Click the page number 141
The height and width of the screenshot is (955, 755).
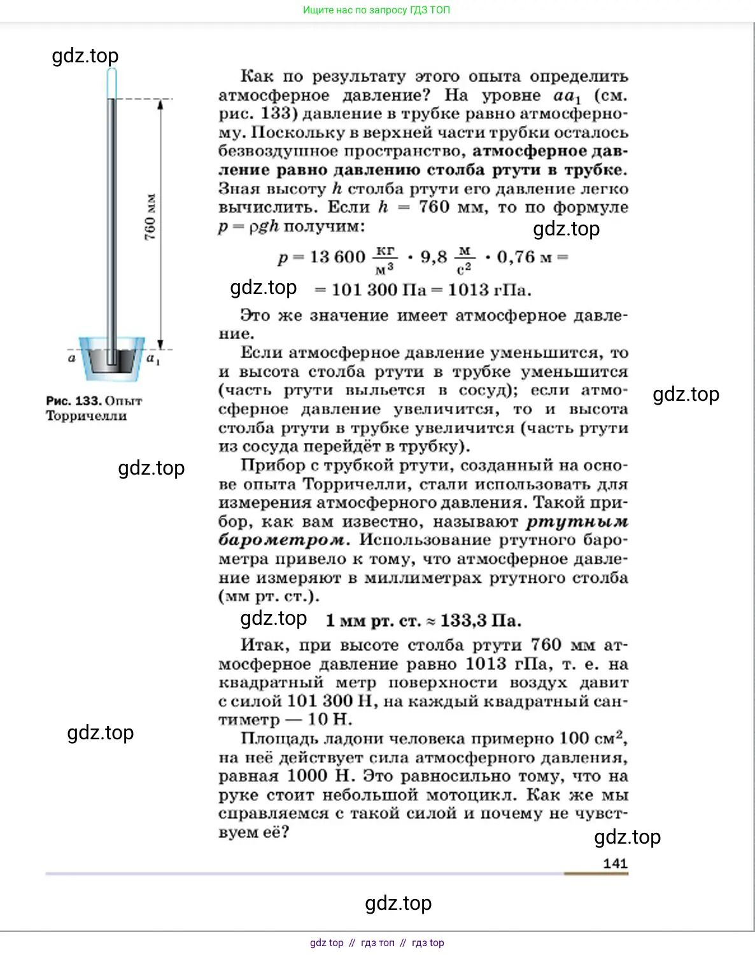pyautogui.click(x=615, y=863)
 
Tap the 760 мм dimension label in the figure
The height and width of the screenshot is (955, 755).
pyautogui.click(x=150, y=217)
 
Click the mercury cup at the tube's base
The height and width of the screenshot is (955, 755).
pyautogui.click(x=112, y=359)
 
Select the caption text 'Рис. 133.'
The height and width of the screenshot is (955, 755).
pyautogui.click(x=74, y=401)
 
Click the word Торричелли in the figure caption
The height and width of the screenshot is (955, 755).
pyautogui.click(x=86, y=416)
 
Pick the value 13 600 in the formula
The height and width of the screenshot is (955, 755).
pyautogui.click(x=337, y=257)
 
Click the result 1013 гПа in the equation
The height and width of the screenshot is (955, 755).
pyautogui.click(x=489, y=290)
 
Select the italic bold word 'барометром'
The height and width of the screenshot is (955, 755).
pyautogui.click(x=283, y=540)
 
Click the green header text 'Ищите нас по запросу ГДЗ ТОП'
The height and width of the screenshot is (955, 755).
pyautogui.click(x=376, y=10)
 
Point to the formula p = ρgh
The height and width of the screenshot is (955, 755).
pyautogui.click(x=248, y=227)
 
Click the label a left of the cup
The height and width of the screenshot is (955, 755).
pyautogui.click(x=72, y=358)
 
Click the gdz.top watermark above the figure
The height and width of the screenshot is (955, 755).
pyautogui.click(x=85, y=55)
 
